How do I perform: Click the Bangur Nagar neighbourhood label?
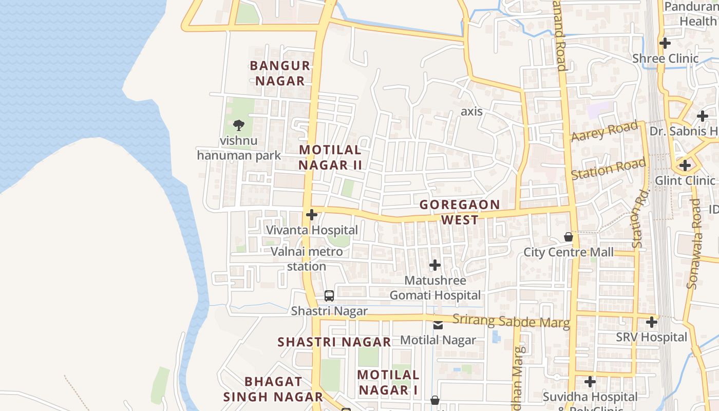[x=280, y=73]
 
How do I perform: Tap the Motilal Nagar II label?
[x=330, y=157]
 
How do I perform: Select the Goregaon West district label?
[x=460, y=212]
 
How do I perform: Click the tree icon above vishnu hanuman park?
[x=238, y=125]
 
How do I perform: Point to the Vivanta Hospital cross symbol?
[x=311, y=215]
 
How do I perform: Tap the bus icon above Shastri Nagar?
[x=329, y=296]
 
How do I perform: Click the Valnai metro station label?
[x=307, y=259]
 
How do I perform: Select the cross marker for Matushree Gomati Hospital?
[x=435, y=265]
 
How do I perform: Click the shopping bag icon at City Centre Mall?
[x=569, y=237]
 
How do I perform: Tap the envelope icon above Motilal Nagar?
[x=438, y=325]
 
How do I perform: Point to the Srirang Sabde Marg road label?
[x=511, y=322]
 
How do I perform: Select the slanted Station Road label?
[x=609, y=170]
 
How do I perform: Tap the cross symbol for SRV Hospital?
[x=652, y=322]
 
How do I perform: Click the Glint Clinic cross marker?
[x=685, y=165]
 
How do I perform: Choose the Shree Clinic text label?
[x=666, y=59]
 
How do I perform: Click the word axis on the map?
[x=471, y=111]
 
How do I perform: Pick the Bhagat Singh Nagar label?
[x=273, y=389]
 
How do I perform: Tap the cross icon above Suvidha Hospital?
[x=590, y=382]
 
